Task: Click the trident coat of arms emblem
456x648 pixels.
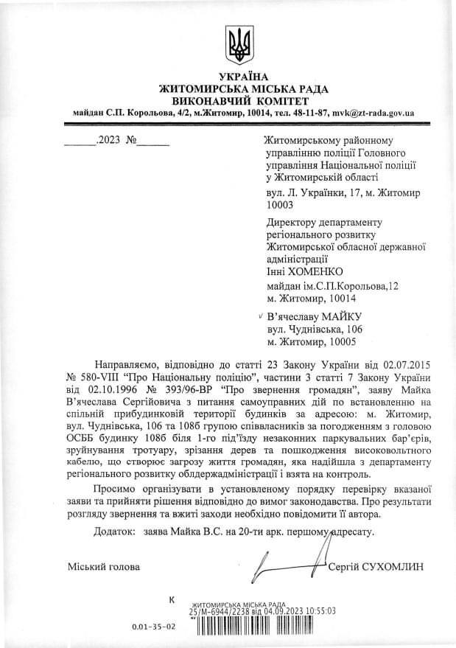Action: [239, 45]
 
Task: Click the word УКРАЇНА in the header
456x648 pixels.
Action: [244, 78]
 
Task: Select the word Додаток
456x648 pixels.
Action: [114, 531]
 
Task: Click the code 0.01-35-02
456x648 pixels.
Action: [154, 627]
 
